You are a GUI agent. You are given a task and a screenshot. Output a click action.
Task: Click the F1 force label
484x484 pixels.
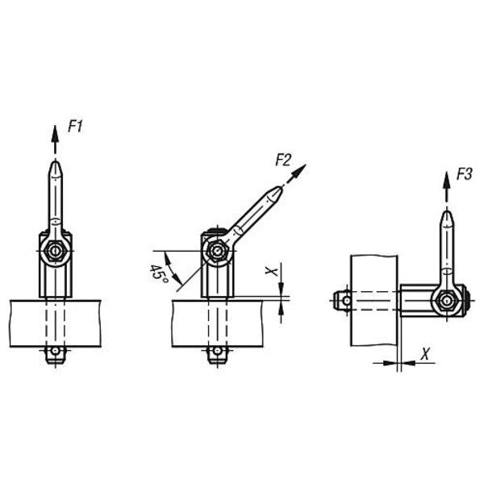pos(75,127)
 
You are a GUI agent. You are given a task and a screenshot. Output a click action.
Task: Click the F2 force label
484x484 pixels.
pos(283,161)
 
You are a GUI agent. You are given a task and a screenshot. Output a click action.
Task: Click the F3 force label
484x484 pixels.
pos(465,174)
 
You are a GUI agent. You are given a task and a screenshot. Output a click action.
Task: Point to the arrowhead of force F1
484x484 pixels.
pos(55,134)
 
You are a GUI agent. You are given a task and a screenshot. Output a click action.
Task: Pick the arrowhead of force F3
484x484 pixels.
pos(446,181)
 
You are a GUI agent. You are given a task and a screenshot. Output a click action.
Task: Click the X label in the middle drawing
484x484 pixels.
pos(271,271)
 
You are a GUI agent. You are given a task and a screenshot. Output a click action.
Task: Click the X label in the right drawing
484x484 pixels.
pos(425,354)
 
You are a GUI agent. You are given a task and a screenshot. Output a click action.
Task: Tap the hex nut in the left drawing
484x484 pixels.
pos(55,251)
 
